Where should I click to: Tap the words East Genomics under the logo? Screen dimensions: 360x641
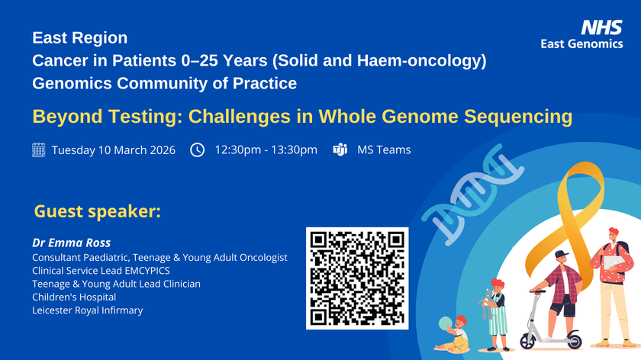(x=581, y=44)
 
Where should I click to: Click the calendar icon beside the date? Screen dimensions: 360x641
(x=39, y=149)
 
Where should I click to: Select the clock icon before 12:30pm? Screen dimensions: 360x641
(x=197, y=149)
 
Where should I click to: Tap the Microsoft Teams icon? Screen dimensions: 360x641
(x=340, y=149)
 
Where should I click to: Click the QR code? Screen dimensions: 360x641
(x=357, y=278)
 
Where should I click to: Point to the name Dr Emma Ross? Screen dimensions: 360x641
(x=71, y=243)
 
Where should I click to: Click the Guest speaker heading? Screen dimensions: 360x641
(x=97, y=211)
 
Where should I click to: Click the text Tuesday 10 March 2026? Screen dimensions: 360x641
(x=114, y=149)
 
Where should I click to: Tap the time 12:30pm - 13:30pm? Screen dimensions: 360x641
(x=266, y=149)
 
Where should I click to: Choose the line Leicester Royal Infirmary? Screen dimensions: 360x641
(x=87, y=310)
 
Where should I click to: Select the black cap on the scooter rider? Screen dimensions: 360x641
(x=562, y=255)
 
